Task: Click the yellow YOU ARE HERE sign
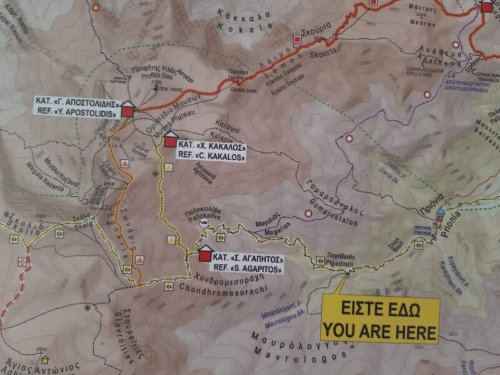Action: click(380, 320)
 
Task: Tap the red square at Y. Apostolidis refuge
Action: click(127, 111)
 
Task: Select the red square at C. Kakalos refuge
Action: click(170, 142)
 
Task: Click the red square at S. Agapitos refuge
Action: click(205, 256)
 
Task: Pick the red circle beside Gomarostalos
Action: click(307, 214)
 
